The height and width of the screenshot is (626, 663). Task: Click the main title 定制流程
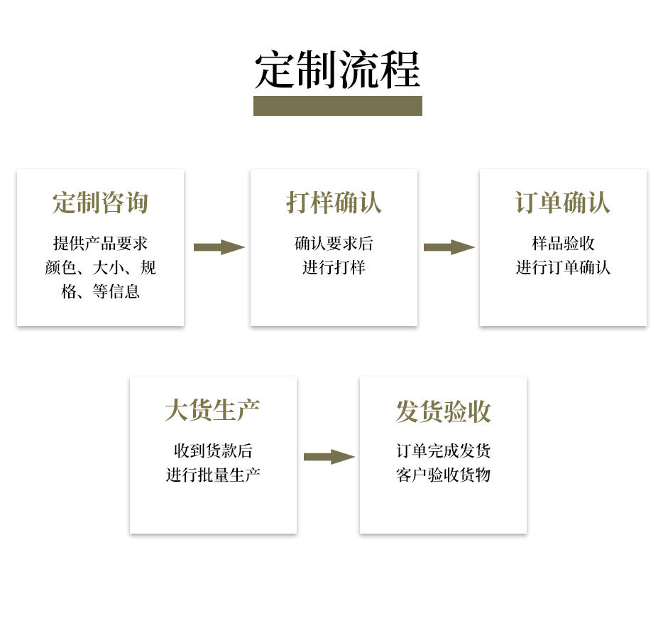(x=337, y=69)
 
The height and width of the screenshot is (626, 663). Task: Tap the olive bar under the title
(x=337, y=106)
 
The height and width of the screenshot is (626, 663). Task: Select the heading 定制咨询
(x=100, y=203)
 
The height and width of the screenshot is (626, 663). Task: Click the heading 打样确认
(x=334, y=203)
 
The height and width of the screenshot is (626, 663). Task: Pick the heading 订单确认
(x=563, y=203)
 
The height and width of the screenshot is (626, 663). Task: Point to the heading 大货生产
(x=212, y=410)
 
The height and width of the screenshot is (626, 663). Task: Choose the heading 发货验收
(x=443, y=411)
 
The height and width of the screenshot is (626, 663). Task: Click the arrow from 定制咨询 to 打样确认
(x=219, y=247)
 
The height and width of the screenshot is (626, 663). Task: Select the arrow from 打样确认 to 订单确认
(x=449, y=247)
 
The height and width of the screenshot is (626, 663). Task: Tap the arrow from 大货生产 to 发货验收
(x=329, y=457)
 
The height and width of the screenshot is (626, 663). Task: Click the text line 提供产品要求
(x=100, y=244)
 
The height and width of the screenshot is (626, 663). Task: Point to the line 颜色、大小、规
(x=100, y=268)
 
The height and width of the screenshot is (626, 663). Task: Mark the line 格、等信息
(x=100, y=291)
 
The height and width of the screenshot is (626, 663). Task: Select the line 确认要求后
(x=334, y=244)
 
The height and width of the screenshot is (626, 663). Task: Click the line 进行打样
(x=334, y=268)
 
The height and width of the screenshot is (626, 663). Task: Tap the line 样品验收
(x=563, y=244)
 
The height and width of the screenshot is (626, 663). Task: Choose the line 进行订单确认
(x=563, y=268)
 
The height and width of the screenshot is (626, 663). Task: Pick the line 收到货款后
(x=212, y=450)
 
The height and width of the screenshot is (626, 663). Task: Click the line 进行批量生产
(x=212, y=475)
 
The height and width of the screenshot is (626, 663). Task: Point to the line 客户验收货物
(x=443, y=475)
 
